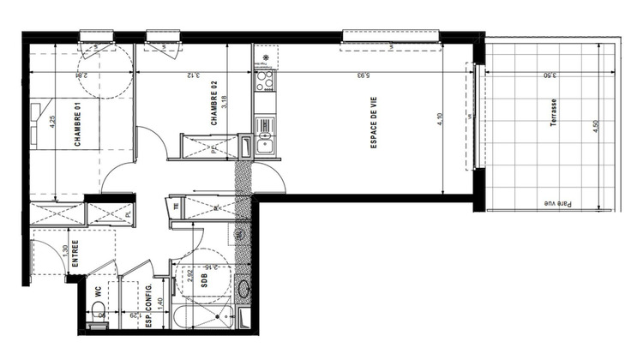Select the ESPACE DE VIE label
(x=375, y=132)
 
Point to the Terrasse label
(x=555, y=113)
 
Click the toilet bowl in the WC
(x=101, y=318)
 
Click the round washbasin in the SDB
(x=243, y=287)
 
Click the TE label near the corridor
(x=176, y=206)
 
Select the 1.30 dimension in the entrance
(x=65, y=255)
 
